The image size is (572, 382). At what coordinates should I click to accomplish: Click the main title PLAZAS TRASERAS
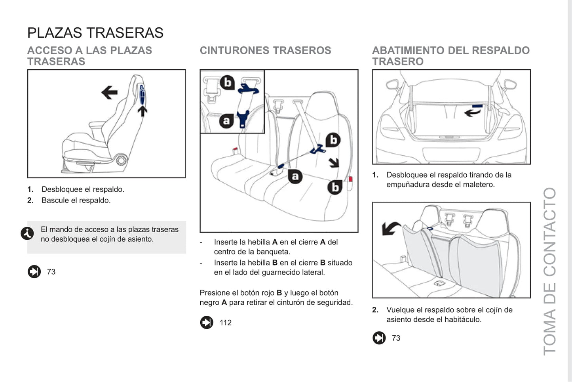click(95, 33)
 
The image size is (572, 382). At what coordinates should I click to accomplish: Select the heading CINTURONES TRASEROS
click(265, 51)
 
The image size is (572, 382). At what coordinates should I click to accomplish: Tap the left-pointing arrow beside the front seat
click(109, 93)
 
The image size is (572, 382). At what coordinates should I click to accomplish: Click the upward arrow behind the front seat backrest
click(143, 111)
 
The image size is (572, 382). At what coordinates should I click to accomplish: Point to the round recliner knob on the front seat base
click(122, 160)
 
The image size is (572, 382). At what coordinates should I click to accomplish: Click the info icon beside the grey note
click(27, 233)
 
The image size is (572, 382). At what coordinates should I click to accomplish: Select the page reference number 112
click(226, 323)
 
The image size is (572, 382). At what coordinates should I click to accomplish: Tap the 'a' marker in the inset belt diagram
click(226, 120)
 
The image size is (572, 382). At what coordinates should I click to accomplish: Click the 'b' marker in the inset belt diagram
click(227, 82)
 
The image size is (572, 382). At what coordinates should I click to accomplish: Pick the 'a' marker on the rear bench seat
click(295, 176)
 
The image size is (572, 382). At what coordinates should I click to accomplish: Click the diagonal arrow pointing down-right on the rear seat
click(334, 162)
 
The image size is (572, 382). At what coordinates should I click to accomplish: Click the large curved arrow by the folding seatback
click(390, 229)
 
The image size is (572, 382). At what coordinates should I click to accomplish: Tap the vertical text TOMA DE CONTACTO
click(550, 271)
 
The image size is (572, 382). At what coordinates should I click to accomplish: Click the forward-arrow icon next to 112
click(207, 323)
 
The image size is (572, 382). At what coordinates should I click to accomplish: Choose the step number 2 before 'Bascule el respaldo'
click(30, 201)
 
